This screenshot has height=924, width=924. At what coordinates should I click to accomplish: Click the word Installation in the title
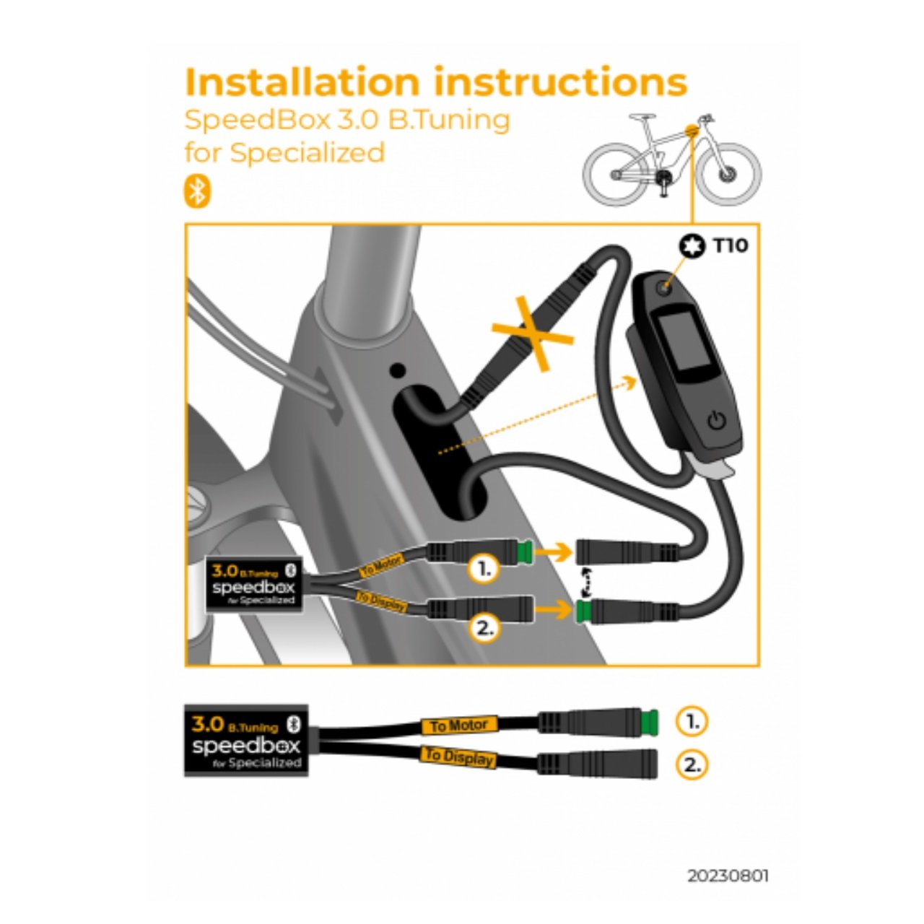point(302,82)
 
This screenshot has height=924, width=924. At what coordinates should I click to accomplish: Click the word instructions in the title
point(561,82)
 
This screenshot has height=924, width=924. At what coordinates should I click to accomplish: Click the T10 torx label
point(731,246)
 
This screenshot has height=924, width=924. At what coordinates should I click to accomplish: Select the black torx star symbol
point(692,246)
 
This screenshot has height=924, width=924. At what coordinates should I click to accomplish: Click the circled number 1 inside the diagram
point(484,569)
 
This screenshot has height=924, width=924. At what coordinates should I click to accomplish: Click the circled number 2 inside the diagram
point(484,628)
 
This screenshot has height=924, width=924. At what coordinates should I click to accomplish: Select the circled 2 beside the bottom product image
point(692,764)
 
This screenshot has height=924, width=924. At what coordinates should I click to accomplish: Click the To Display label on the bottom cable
point(459,757)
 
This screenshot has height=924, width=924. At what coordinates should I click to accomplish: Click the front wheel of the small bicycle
point(729,174)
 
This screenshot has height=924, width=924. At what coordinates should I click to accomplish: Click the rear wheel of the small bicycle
point(616,174)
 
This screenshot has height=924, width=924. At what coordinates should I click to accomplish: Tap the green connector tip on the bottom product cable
point(650,722)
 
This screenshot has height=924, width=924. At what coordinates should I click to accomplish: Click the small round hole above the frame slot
point(398,370)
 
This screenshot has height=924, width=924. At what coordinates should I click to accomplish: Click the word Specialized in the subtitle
point(308,152)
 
